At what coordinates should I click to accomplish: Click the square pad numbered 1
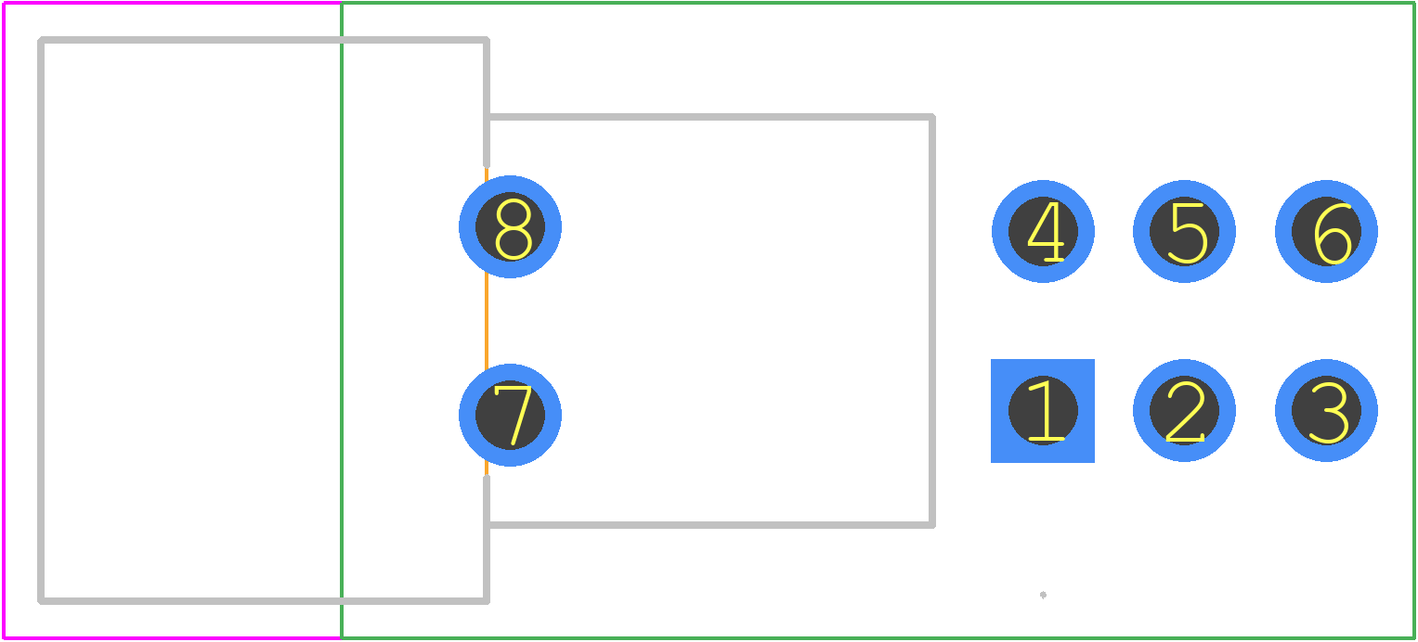pyautogui.click(x=1043, y=411)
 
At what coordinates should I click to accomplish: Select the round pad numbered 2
pyautogui.click(x=1184, y=411)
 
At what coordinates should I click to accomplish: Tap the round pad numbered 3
pyautogui.click(x=1326, y=411)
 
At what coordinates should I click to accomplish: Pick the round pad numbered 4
pyautogui.click(x=1043, y=232)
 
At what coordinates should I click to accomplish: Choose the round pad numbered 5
pyautogui.click(x=1184, y=232)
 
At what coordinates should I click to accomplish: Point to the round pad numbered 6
pyautogui.click(x=1326, y=232)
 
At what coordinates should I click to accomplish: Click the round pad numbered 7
pyautogui.click(x=510, y=415)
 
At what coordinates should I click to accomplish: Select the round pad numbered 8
pyautogui.click(x=510, y=226)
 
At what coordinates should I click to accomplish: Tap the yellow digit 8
pyautogui.click(x=513, y=229)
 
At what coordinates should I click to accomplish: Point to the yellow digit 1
pyautogui.click(x=1047, y=411)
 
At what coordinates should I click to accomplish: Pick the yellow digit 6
pyautogui.click(x=1333, y=234)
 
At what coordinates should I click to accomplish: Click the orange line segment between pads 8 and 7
pyautogui.click(x=487, y=321)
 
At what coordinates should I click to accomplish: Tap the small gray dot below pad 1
pyautogui.click(x=1043, y=595)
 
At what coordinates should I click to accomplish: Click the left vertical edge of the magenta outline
pyautogui.click(x=4, y=321)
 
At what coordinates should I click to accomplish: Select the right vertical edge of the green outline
pyautogui.click(x=1414, y=321)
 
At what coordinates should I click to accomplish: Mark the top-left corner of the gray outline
pyautogui.click(x=41, y=41)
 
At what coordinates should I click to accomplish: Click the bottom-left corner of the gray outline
pyautogui.click(x=41, y=601)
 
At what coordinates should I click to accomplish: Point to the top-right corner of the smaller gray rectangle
pyautogui.click(x=932, y=117)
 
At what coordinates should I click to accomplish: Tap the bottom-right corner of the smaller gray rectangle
pyautogui.click(x=932, y=525)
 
